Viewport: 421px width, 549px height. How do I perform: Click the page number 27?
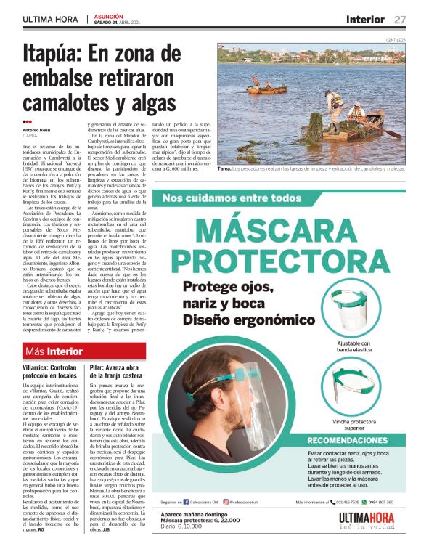pos(400,19)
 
